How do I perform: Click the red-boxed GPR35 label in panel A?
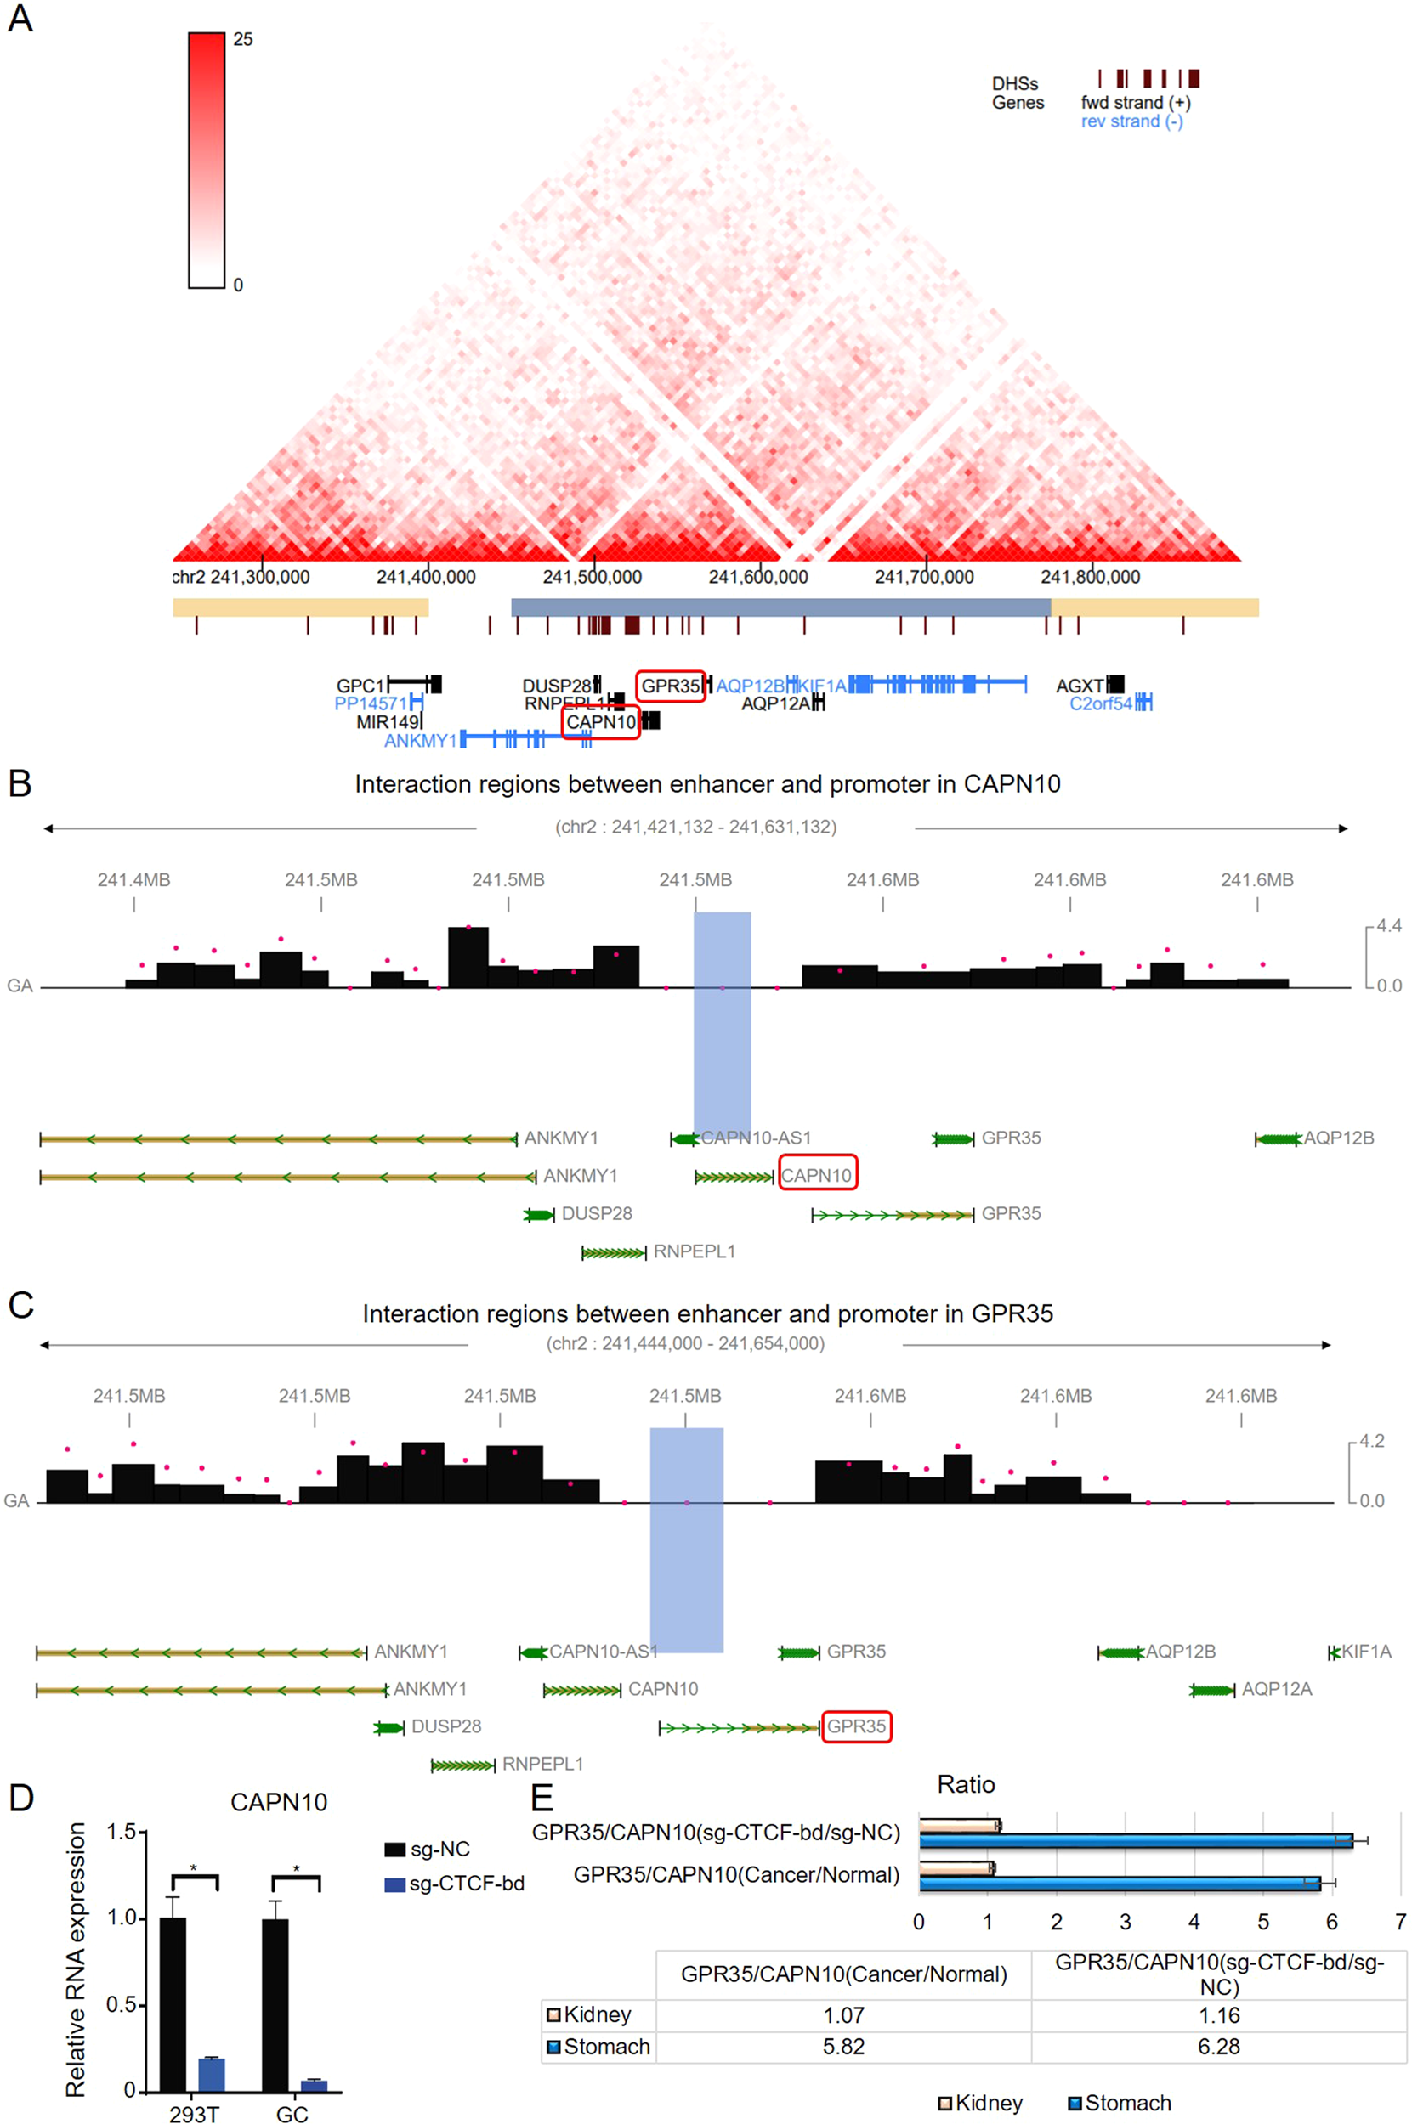[670, 686]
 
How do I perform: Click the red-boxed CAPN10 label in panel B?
[817, 1175]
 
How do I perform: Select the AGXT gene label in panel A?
[1080, 686]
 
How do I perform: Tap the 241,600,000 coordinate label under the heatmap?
[757, 577]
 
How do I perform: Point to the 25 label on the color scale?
[243, 40]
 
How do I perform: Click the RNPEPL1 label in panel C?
[542, 1764]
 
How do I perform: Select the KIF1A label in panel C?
[1366, 1652]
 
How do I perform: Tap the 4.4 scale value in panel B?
[1387, 926]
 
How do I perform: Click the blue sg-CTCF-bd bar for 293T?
[212, 2074]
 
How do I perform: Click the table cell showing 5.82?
[843, 2046]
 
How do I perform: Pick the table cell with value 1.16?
[1218, 2015]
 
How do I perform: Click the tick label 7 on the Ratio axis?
[1400, 1922]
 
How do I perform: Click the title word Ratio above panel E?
[966, 1785]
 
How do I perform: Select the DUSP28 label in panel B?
[596, 1213]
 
